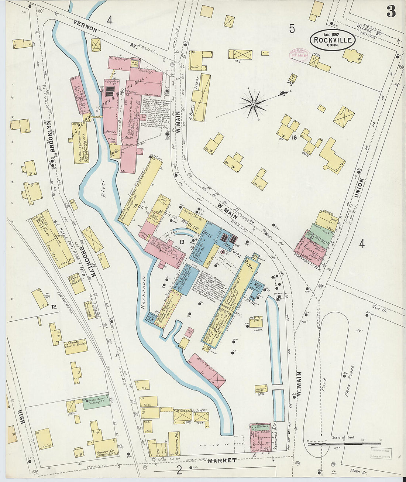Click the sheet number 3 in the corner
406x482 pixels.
391,12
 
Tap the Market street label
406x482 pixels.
221,460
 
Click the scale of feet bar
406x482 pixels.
344,443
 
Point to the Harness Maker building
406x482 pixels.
261,389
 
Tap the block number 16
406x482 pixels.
294,138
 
